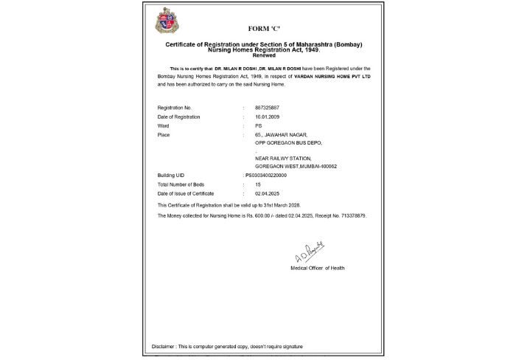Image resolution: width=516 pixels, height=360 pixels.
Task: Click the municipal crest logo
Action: [x=167, y=21]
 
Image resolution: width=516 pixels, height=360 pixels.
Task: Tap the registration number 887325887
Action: [x=266, y=108]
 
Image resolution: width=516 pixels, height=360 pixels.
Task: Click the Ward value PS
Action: [x=257, y=125]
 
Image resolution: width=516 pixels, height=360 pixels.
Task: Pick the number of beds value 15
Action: [x=257, y=184]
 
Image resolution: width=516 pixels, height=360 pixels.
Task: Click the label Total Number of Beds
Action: [x=182, y=184]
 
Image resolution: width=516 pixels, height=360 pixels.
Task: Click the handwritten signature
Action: [x=310, y=255]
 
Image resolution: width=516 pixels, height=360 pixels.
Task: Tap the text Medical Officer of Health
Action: [x=318, y=268]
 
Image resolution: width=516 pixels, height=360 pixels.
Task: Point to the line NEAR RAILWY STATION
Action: [x=283, y=159]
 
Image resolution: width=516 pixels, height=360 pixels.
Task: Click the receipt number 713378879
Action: [x=350, y=215]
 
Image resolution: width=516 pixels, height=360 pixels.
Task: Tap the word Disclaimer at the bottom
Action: [x=164, y=346]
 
